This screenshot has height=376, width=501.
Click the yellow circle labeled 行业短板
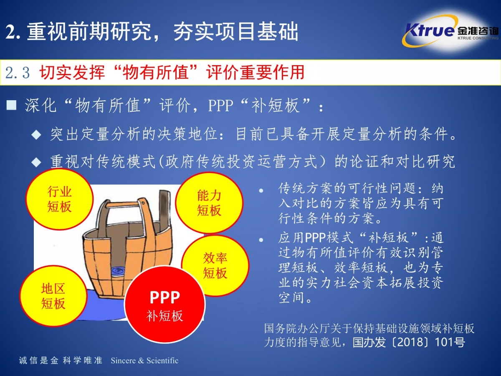tap(59, 199)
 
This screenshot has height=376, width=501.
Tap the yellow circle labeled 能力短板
tap(209, 203)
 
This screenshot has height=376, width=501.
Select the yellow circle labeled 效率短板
tap(215, 266)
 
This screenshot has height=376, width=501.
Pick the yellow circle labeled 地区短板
tap(53, 296)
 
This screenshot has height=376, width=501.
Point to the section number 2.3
tap(18, 73)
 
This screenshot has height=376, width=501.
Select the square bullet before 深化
tap(11, 105)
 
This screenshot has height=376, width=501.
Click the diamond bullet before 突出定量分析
tap(36, 135)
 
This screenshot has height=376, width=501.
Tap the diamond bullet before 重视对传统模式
tap(36, 163)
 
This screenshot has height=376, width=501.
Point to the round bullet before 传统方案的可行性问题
tap(261, 191)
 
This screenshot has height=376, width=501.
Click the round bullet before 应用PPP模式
tap(261, 240)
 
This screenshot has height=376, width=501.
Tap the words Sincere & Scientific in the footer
tap(144, 361)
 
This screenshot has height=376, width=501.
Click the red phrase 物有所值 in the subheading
tap(155, 73)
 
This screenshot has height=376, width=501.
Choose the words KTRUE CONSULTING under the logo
tap(478, 38)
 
